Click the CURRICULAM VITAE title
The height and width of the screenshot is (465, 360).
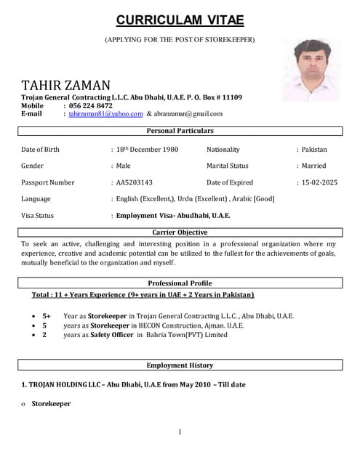click(180, 20)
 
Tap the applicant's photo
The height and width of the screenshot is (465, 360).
click(311, 70)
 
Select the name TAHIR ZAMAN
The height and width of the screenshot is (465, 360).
click(66, 86)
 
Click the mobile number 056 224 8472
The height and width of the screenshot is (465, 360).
click(91, 105)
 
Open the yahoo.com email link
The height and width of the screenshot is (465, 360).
click(106, 114)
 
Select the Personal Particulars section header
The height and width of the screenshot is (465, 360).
click(180, 131)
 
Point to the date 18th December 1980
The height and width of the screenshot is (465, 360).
click(147, 149)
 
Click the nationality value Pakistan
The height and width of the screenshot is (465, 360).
click(314, 149)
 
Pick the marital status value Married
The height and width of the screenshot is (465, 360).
click(313, 166)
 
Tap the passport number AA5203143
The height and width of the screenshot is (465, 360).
click(134, 182)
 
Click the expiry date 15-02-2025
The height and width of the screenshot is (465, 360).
click(319, 182)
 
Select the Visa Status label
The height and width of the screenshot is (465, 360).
click(38, 216)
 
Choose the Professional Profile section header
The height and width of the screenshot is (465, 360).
click(180, 283)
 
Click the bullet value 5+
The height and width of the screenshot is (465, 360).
click(47, 316)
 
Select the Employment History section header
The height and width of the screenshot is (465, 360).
click(180, 365)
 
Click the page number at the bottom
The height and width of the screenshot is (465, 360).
click(180, 433)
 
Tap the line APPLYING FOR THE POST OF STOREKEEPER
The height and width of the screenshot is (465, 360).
click(180, 39)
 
